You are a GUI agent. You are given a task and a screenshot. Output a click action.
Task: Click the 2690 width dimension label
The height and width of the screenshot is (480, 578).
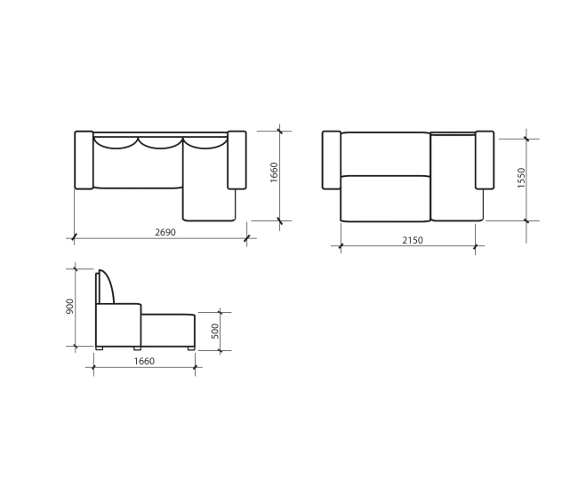[165, 233]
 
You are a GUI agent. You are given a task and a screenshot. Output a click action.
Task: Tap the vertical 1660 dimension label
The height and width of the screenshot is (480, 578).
[274, 172]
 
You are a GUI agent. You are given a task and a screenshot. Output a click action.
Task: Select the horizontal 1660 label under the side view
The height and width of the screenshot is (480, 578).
[144, 362]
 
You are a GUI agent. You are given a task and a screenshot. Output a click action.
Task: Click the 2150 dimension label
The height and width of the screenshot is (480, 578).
[413, 241]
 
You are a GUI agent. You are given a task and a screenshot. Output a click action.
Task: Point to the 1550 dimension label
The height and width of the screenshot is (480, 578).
[521, 178]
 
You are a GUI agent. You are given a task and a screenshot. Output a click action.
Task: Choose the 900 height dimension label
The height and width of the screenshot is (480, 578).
[69, 307]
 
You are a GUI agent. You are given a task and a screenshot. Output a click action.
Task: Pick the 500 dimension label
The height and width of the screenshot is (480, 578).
[215, 332]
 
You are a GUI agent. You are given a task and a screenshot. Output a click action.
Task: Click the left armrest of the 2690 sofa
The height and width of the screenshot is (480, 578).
[84, 160]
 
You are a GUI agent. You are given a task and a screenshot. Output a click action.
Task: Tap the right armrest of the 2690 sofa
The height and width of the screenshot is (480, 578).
[237, 160]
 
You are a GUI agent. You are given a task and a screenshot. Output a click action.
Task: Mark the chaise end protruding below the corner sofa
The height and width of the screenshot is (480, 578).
[209, 204]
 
